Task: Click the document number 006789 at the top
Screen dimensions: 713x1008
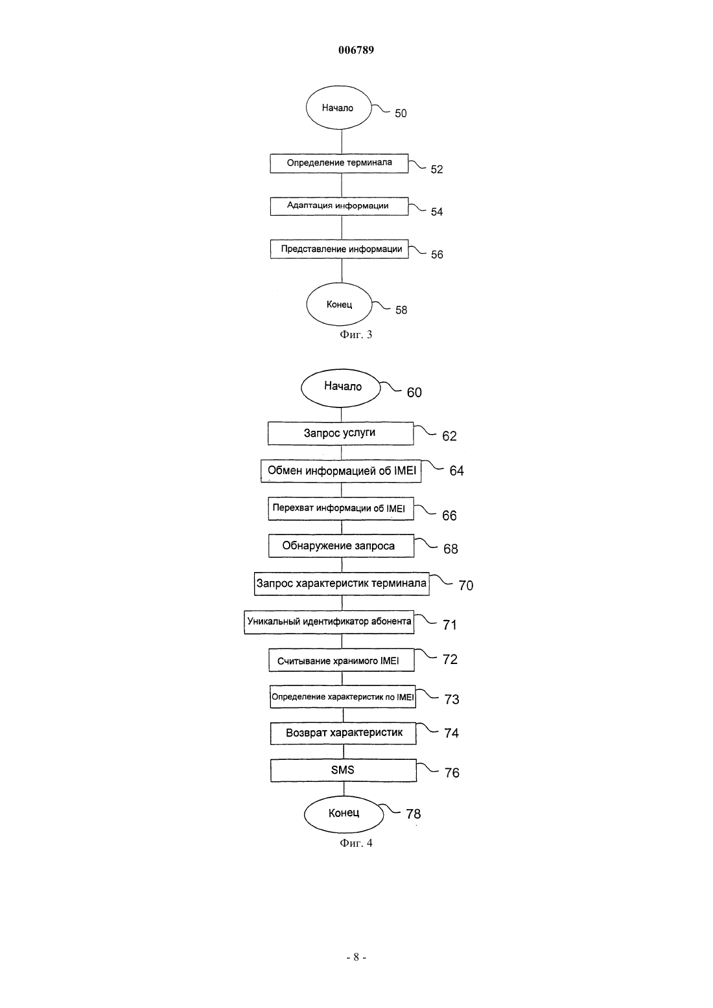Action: coord(356,50)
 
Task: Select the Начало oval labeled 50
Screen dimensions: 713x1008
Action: coord(339,108)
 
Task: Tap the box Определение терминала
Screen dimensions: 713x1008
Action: coord(340,163)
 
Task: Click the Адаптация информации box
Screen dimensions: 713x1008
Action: coord(340,206)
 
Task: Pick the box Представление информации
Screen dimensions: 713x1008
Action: coord(340,249)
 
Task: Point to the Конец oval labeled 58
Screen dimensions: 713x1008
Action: coord(340,304)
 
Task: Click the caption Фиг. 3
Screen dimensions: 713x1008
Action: coord(356,334)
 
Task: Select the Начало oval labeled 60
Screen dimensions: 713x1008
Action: coord(341,388)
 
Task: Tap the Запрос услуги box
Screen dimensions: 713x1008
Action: coord(341,433)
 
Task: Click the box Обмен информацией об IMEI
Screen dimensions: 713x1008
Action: coord(341,471)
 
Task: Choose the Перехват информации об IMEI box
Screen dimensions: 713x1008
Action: coord(341,509)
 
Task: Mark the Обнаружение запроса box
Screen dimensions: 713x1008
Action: coord(341,546)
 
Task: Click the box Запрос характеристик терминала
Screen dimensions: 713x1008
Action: coord(342,584)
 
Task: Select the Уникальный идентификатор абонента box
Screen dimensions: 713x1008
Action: coord(329,622)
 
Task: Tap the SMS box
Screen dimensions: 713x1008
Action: coord(344,770)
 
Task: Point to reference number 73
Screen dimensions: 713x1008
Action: coord(452,699)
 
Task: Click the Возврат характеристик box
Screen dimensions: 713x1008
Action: coord(343,733)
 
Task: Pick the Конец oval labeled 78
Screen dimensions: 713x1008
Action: coord(344,814)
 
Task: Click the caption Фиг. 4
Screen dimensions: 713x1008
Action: coord(356,843)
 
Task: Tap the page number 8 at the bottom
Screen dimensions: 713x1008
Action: coord(356,957)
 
